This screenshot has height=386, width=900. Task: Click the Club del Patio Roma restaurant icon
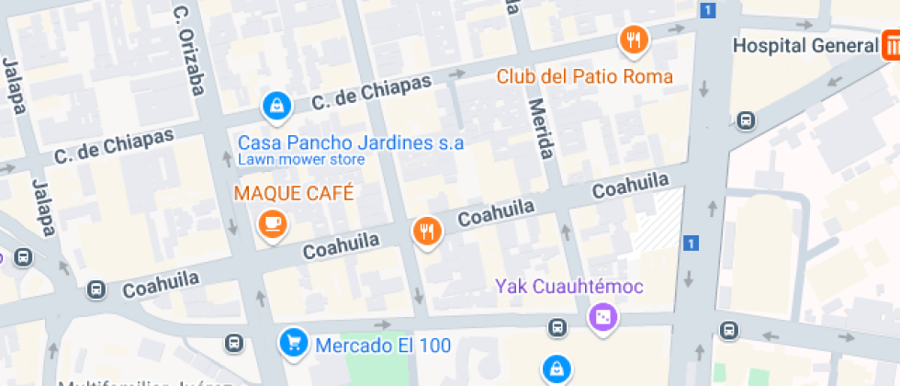[x=634, y=40]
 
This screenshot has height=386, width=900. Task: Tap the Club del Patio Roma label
[x=584, y=76]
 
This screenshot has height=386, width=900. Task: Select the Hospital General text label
[x=805, y=45]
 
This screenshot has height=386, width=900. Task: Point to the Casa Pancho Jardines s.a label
[x=351, y=142]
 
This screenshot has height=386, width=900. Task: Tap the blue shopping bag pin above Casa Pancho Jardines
[x=276, y=107]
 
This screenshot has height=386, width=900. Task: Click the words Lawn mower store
[x=301, y=160]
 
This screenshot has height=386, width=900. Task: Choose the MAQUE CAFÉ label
[x=294, y=194]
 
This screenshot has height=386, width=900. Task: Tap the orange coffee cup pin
[x=272, y=223]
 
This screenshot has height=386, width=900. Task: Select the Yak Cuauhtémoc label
[x=569, y=286]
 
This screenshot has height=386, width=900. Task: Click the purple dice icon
[x=603, y=318]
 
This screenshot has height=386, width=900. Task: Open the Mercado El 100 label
[x=384, y=346]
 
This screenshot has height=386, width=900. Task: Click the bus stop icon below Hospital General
[x=747, y=119]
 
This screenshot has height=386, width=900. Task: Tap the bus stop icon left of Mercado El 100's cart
[x=234, y=343]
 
